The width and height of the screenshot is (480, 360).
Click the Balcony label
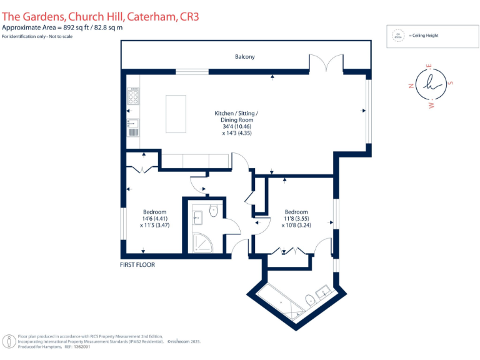(244, 57)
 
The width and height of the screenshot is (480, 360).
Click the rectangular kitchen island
(176, 114)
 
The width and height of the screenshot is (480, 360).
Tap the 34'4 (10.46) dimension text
(236, 127)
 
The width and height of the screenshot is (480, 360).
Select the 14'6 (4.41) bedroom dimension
(154, 218)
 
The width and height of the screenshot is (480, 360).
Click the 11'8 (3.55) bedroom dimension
(296, 219)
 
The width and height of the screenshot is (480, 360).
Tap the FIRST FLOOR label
(137, 265)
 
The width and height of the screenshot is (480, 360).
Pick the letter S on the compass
(451, 82)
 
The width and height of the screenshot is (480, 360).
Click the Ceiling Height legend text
(425, 36)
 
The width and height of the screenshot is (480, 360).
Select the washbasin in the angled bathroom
(324, 291)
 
